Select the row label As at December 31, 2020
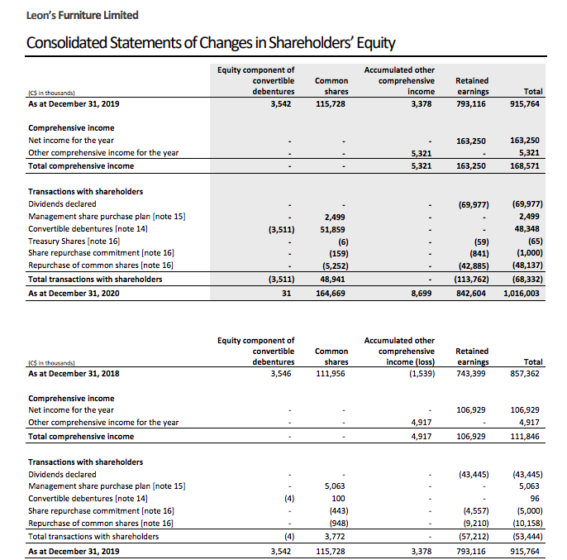coord(73,293)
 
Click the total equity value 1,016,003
coord(521,293)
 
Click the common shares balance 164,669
coord(331,293)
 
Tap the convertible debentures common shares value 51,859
coord(333,228)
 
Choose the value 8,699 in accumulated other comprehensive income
coord(421,293)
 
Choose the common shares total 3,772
coord(336,537)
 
